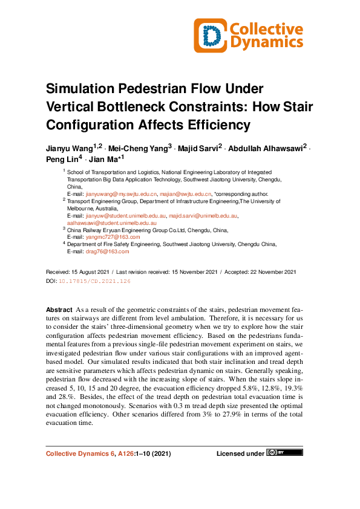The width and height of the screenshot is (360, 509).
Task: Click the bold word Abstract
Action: point(59,310)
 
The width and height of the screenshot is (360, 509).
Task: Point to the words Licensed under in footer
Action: point(240,453)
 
